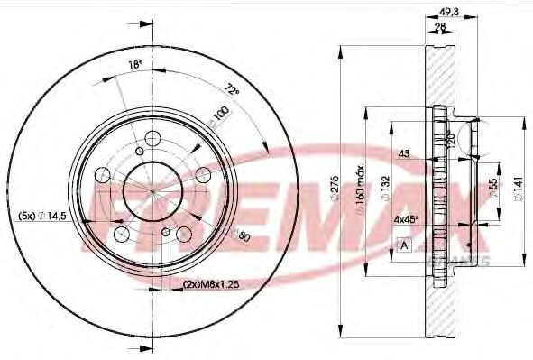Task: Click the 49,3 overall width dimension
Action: [x=447, y=12]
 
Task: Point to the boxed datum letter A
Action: [x=404, y=244]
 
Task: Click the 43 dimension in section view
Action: [x=403, y=154]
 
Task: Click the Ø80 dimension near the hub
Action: [x=243, y=236]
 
